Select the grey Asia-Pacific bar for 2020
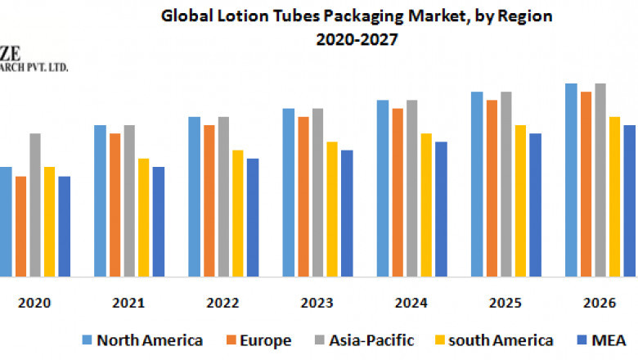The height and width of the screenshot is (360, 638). [x=35, y=205]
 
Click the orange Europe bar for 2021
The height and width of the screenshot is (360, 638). [x=115, y=205]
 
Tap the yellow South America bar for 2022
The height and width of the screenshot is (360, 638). [x=238, y=213]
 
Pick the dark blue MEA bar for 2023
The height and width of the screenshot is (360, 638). [x=347, y=213]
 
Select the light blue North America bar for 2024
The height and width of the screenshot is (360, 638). [x=383, y=188]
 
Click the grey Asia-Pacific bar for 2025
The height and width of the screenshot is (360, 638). [x=506, y=184]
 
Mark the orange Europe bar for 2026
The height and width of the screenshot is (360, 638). [x=586, y=184]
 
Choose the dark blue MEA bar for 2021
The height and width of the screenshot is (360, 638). [x=159, y=221]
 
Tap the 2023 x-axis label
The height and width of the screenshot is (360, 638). [x=317, y=303]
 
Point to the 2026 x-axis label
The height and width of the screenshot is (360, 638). [x=600, y=303]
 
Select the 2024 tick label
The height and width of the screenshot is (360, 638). [x=411, y=303]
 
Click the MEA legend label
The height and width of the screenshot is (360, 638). [x=609, y=340]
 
